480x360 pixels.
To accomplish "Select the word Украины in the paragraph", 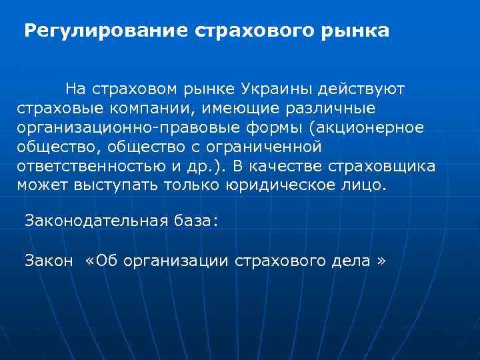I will click(279, 89).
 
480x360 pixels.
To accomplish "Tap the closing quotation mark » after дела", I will click(381, 260).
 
